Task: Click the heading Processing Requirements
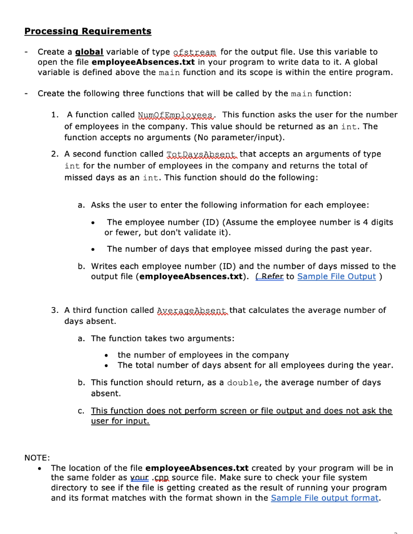click(x=88, y=31)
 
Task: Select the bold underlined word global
click(x=89, y=52)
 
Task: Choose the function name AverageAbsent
click(x=192, y=310)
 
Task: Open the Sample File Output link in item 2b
click(x=336, y=276)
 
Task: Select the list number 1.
click(x=54, y=115)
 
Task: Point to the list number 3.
click(x=54, y=310)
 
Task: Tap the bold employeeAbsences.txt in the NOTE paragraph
click(x=193, y=468)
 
